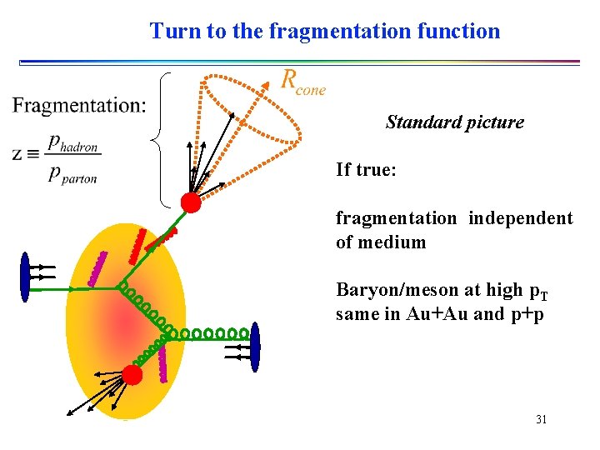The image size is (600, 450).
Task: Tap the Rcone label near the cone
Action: pyautogui.click(x=303, y=82)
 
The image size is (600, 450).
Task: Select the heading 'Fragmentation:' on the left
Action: pyautogui.click(x=79, y=106)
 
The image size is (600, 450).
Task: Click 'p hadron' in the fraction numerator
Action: pyautogui.click(x=72, y=143)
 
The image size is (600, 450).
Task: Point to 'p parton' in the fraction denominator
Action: pyautogui.click(x=72, y=174)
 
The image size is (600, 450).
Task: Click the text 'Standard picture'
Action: pyautogui.click(x=455, y=122)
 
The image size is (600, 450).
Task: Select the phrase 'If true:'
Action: pyautogui.click(x=366, y=170)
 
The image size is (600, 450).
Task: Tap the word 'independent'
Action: pyautogui.click(x=520, y=218)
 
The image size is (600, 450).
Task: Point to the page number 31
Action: pyautogui.click(x=541, y=419)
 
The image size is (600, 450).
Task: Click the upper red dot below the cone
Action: pyautogui.click(x=191, y=202)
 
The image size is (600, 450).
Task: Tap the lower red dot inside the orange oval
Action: pyautogui.click(x=132, y=375)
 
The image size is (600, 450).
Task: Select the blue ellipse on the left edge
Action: pyautogui.click(x=25, y=272)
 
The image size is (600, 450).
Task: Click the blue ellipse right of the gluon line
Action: pyautogui.click(x=255, y=345)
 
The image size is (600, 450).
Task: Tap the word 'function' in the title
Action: pyautogui.click(x=462, y=32)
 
